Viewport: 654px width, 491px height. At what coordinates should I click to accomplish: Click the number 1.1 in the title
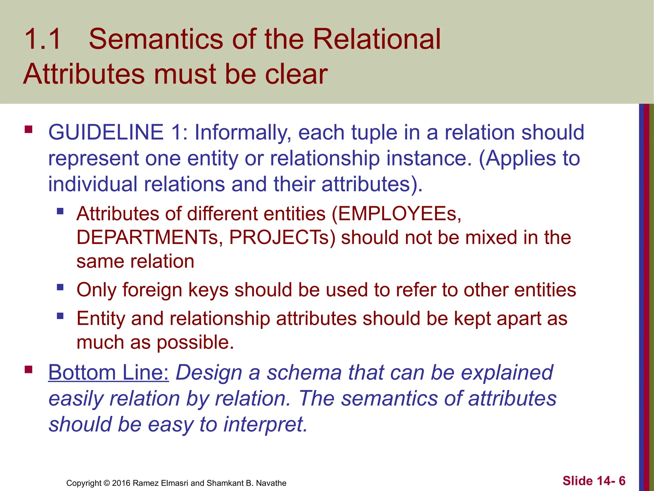42,39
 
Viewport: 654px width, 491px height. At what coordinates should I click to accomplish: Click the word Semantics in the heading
156,39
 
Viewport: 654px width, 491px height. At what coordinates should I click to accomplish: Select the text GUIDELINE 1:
118,132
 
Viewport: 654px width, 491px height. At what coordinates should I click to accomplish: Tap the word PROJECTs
282,238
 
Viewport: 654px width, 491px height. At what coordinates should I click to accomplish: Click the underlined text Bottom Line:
108,373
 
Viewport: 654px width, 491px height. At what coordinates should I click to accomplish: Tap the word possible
195,343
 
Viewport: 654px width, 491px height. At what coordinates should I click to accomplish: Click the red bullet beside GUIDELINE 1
28,129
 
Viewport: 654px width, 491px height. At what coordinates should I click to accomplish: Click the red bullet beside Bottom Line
28,370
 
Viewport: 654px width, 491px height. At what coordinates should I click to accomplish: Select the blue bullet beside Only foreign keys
60,287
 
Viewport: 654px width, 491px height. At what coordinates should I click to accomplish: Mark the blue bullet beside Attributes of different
60,211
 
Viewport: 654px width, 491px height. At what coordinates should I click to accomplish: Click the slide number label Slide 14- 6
594,481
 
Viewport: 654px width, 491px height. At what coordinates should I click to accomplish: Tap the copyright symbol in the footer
107,483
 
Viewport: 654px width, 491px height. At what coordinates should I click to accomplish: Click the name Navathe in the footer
271,483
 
